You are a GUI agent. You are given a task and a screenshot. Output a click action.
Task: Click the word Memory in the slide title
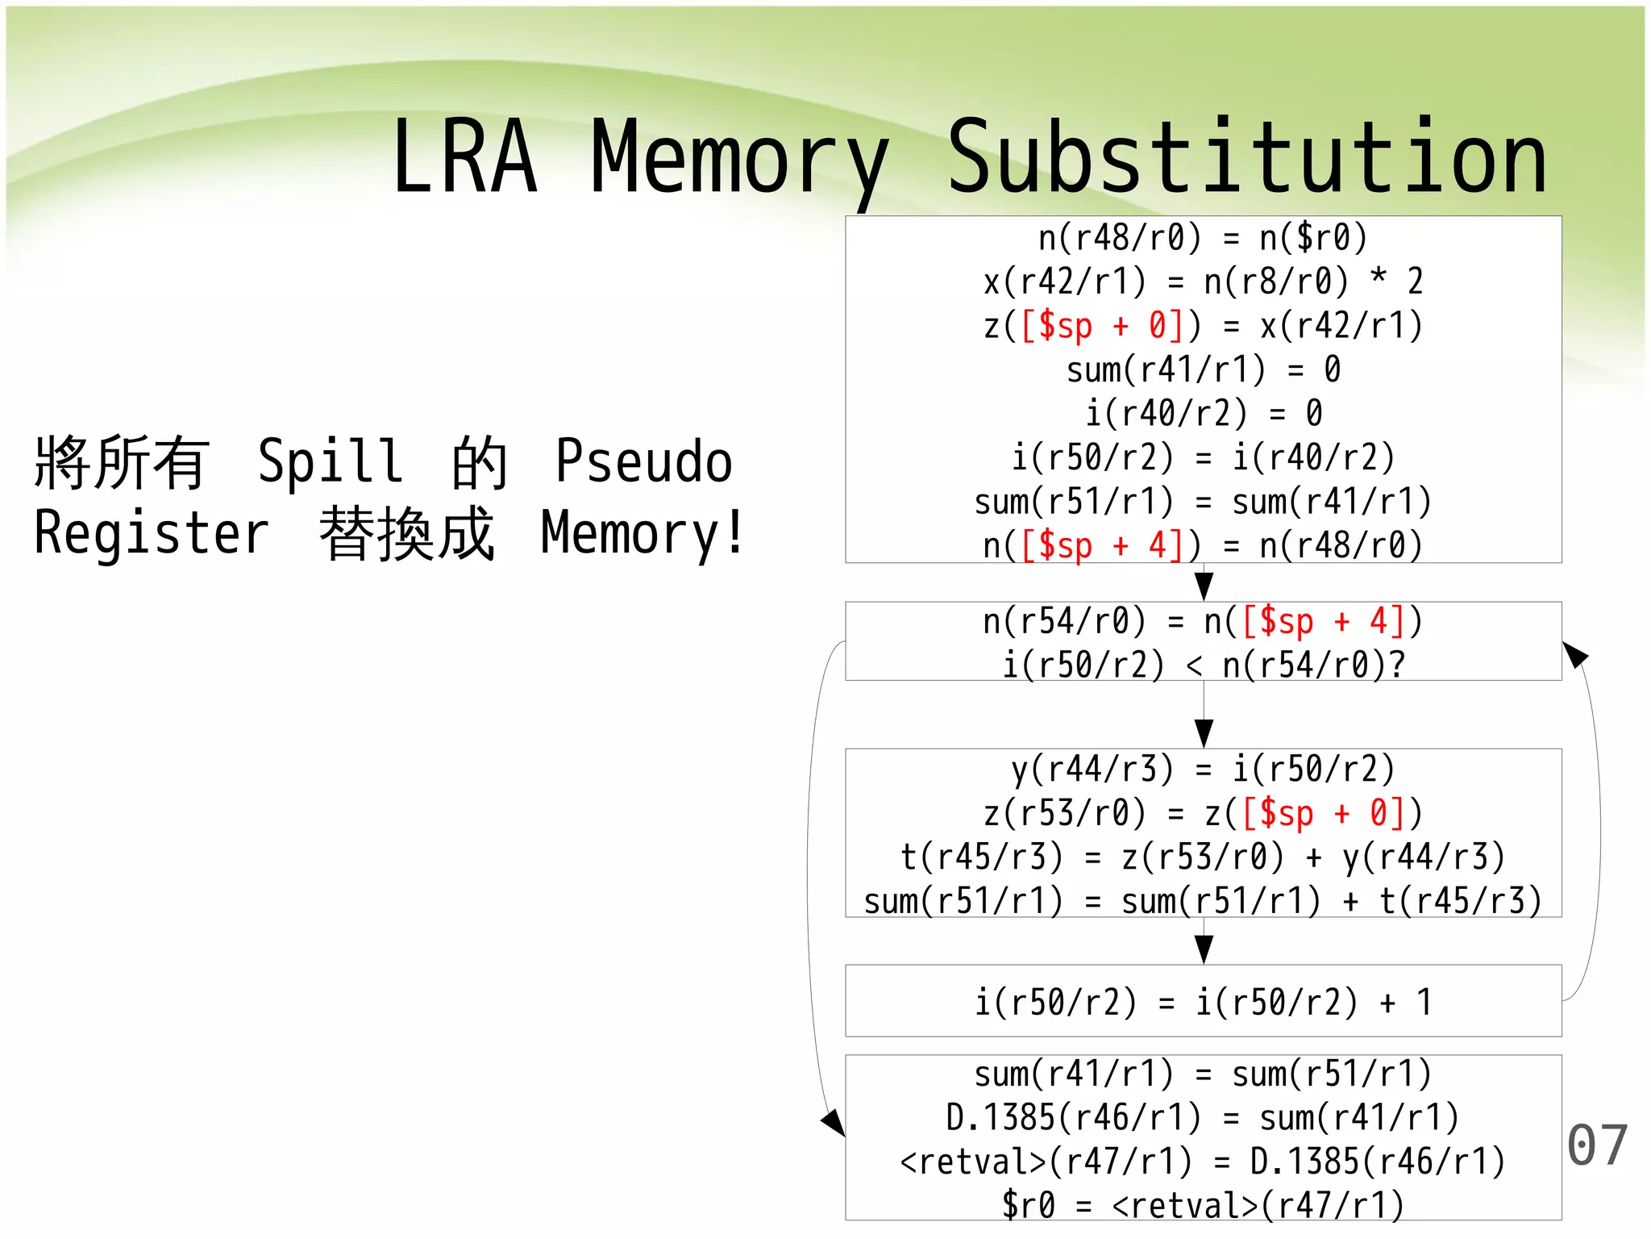[x=739, y=158]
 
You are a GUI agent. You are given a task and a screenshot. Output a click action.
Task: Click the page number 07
[x=1597, y=1145]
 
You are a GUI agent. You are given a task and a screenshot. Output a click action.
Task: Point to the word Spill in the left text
[x=330, y=461]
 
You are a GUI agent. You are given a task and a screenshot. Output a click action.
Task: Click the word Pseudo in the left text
[x=643, y=461]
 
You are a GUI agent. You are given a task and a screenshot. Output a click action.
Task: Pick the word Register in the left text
[x=152, y=533]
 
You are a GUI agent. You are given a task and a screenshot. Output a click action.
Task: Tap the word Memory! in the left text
[x=643, y=533]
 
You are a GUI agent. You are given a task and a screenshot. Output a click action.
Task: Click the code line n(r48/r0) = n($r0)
[x=1203, y=238]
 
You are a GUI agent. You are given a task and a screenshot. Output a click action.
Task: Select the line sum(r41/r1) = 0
[x=1203, y=370]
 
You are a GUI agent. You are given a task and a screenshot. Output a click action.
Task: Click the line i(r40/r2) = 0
[x=1203, y=414]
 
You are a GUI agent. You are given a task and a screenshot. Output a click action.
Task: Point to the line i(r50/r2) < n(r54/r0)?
[x=1203, y=665]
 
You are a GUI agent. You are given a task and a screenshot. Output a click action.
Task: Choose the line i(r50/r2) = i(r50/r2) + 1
[x=1203, y=1003]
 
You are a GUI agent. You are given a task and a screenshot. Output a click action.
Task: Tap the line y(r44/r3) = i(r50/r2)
[x=1203, y=770]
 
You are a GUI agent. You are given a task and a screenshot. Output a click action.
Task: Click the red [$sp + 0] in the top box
[x=1101, y=326]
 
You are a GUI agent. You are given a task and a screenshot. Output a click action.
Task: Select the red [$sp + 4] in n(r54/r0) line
[x=1322, y=622]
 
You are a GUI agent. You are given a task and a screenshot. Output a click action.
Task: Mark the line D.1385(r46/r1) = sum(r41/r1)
[x=1203, y=1118]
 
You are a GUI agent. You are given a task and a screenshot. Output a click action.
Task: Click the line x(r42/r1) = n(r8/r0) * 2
[x=1203, y=282]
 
